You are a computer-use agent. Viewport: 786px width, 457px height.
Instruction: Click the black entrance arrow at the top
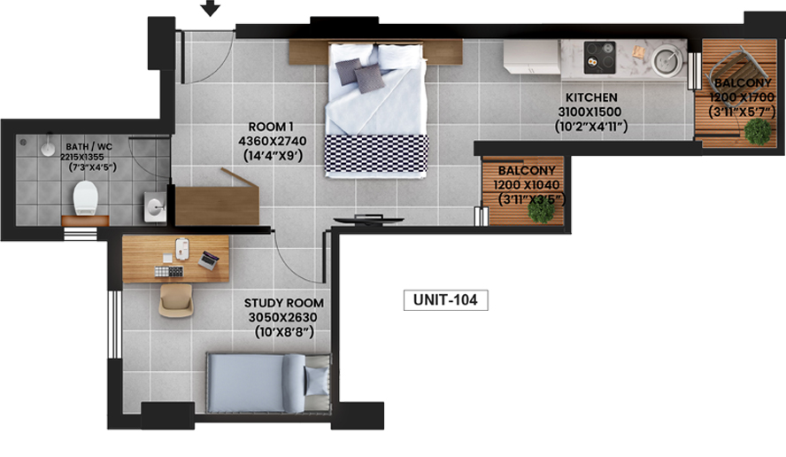pos(210,7)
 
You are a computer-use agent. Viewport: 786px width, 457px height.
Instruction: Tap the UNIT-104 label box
pos(445,300)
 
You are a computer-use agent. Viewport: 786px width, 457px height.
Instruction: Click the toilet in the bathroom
pos(85,198)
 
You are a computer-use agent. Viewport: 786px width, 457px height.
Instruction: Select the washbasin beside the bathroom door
pos(155,206)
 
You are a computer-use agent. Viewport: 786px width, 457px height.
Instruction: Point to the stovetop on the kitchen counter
pos(599,58)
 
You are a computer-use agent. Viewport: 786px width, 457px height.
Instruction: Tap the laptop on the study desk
pos(209,259)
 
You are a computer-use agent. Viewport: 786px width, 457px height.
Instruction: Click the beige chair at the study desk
pos(176,300)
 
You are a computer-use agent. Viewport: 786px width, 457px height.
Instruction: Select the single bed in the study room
pos(269,383)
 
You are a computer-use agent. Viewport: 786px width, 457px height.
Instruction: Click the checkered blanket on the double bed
pos(376,154)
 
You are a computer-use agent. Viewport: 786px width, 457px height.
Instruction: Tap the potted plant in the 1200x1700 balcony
pos(758,132)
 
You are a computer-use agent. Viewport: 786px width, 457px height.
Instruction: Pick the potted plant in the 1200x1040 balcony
pos(541,210)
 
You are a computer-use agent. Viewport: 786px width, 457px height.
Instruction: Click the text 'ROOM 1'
pos(271,127)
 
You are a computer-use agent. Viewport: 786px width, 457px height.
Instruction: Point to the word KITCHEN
pos(591,97)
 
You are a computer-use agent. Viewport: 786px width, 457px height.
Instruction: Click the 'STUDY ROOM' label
pos(284,303)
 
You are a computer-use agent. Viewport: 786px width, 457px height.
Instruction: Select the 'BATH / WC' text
pos(89,147)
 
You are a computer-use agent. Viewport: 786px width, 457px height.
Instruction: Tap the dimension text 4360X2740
pos(273,141)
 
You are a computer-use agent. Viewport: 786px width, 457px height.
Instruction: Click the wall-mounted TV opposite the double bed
pos(369,219)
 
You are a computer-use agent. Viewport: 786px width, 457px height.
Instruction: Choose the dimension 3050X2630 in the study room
pos(282,318)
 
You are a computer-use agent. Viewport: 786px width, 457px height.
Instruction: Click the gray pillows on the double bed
pos(359,74)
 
